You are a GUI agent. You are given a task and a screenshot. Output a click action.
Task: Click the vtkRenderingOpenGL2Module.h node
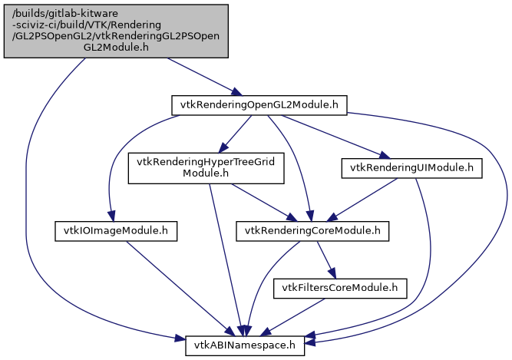click(x=259, y=105)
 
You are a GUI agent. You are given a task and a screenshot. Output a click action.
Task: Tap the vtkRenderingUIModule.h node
click(x=411, y=167)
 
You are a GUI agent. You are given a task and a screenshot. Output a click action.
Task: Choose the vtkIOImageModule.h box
click(x=116, y=230)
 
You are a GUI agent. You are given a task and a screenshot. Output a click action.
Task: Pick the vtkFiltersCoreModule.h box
click(x=341, y=289)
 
